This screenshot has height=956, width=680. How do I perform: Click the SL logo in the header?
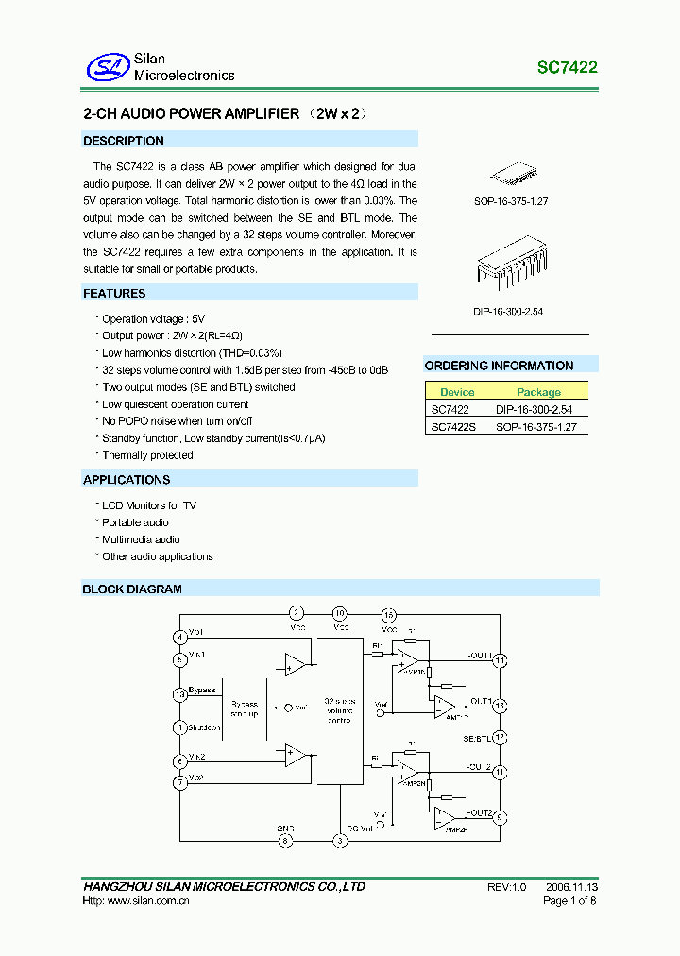coord(107,67)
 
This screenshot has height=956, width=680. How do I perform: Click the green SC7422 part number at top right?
coord(567,68)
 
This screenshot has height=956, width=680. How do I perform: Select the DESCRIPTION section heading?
coord(124,141)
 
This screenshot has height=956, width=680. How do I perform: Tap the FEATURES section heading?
coord(114,294)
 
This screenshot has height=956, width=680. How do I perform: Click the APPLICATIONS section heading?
coord(127,480)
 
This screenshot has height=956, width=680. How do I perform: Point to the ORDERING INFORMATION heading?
coord(499,366)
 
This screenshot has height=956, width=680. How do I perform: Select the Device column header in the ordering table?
coord(457,392)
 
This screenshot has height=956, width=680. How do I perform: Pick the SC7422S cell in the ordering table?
coord(454,427)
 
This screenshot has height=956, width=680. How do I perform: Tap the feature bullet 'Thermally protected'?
coord(147,455)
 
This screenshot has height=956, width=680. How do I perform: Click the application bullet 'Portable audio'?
coord(135,522)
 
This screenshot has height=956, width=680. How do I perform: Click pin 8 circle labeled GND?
coord(286,840)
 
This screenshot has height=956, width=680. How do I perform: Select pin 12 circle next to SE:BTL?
coord(501,737)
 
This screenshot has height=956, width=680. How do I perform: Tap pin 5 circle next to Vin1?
coord(179,659)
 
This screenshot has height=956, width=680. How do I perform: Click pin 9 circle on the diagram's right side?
coord(501,817)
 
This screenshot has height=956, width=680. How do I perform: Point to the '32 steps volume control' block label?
coord(339,710)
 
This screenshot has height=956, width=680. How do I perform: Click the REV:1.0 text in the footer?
coord(506,887)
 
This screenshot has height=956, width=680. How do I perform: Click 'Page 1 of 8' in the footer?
coord(569,901)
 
